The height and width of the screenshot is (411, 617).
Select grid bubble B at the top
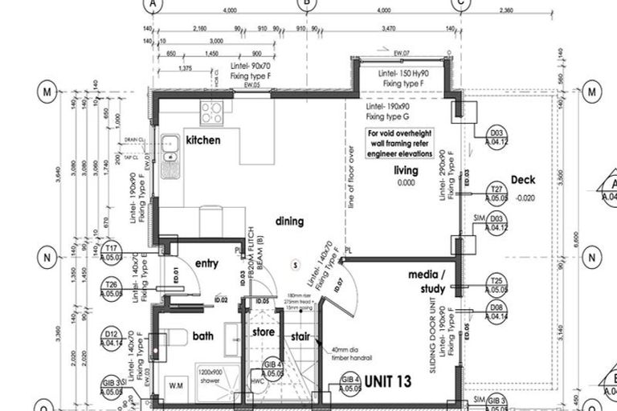pos(307,4)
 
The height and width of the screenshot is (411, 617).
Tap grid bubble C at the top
pos(460,4)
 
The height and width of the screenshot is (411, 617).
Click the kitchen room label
pos(203,140)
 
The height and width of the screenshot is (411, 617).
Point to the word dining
pos(289,221)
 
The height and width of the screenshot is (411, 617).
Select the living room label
pos(406,171)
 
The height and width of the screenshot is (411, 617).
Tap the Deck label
pos(523,180)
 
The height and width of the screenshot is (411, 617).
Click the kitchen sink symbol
pos(169,146)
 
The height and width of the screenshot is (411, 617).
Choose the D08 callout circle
pos(497,312)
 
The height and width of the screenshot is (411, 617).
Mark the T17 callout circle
pos(112,252)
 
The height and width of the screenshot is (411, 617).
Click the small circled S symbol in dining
pos(295,264)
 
